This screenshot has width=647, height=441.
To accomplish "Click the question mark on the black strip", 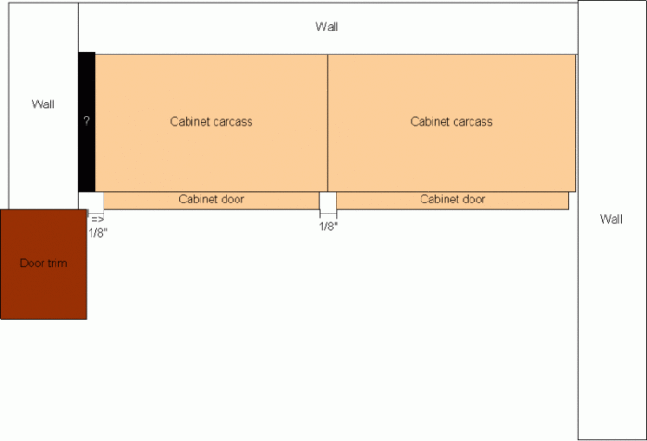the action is click(86, 121).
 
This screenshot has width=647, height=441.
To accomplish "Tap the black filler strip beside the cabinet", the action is click(87, 122).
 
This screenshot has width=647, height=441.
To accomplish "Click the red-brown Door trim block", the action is click(43, 264).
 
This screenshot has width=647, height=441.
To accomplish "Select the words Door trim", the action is click(43, 263).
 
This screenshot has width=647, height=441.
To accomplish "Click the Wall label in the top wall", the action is click(327, 27).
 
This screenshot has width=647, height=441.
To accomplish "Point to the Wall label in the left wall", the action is click(43, 104).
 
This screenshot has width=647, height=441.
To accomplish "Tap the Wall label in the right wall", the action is click(611, 219).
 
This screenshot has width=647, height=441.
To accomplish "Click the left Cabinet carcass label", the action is click(212, 122).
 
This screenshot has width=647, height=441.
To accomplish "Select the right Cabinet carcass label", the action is click(451, 122).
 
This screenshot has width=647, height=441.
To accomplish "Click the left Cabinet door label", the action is click(212, 200).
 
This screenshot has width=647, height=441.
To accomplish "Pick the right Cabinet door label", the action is click(453, 200).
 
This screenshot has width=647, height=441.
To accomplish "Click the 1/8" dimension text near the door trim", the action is click(98, 233).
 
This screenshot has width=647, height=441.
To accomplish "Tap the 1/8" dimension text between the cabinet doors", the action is click(328, 227).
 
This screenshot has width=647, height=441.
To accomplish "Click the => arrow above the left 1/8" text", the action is click(97, 219).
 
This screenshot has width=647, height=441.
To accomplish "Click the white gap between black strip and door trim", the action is click(92, 201).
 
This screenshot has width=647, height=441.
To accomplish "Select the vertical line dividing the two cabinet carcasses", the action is click(327, 123).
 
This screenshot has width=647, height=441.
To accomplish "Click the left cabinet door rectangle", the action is click(212, 201).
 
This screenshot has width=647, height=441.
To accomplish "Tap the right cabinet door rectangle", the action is click(453, 201).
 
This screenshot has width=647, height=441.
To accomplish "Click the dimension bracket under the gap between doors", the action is click(328, 214).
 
